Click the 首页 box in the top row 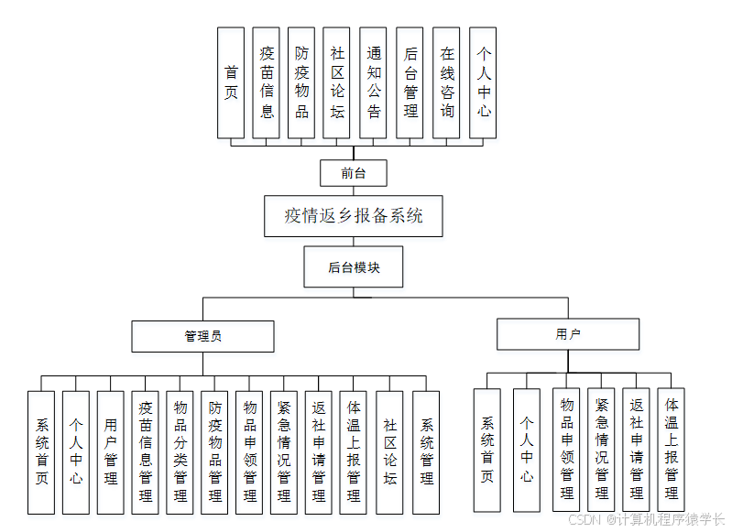click(x=231, y=82)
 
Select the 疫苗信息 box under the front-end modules click(x=267, y=82)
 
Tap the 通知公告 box click(x=374, y=82)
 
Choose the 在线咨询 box click(x=446, y=82)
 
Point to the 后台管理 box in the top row click(x=410, y=82)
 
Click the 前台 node click(x=353, y=172)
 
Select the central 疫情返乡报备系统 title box click(x=354, y=216)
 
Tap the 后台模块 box click(x=354, y=267)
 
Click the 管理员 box click(x=202, y=336)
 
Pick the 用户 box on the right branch click(x=568, y=334)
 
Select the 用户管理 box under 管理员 click(x=111, y=451)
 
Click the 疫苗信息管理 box click(x=146, y=451)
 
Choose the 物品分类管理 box click(x=180, y=451)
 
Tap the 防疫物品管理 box click(x=215, y=451)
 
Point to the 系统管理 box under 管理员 click(x=426, y=451)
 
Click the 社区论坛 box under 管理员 click(x=390, y=451)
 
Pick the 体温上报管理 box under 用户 click(x=672, y=449)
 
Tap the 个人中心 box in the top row click(x=483, y=82)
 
